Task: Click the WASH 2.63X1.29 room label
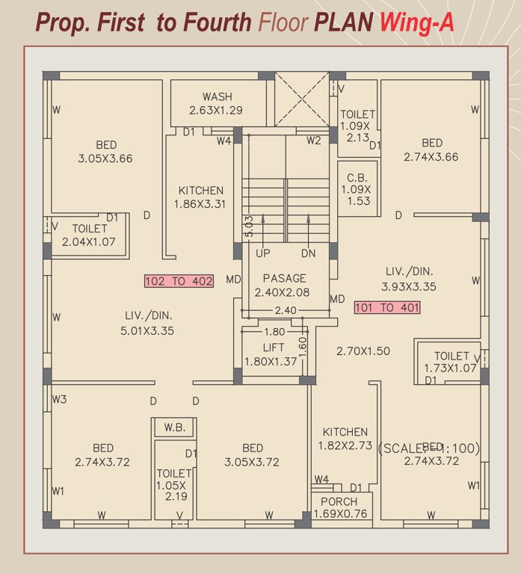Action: pyautogui.click(x=218, y=104)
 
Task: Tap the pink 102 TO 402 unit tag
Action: pyautogui.click(x=179, y=281)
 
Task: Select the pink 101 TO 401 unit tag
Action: pyautogui.click(x=386, y=307)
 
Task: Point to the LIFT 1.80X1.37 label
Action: pyautogui.click(x=271, y=355)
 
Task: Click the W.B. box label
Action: pyautogui.click(x=174, y=428)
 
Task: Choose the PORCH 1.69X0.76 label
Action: pyautogui.click(x=339, y=507)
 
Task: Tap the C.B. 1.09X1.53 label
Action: pyautogui.click(x=356, y=189)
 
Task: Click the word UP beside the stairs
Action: pyautogui.click(x=263, y=253)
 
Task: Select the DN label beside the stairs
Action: pyautogui.click(x=309, y=253)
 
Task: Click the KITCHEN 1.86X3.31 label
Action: pyautogui.click(x=200, y=197)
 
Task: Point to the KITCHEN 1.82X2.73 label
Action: pyautogui.click(x=345, y=439)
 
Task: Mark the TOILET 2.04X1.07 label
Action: pyautogui.click(x=90, y=235)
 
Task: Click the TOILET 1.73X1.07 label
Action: pyautogui.click(x=451, y=362)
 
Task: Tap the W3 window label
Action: pyautogui.click(x=59, y=400)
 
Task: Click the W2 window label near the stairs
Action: pyautogui.click(x=313, y=141)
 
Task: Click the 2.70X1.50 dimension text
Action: pyautogui.click(x=363, y=351)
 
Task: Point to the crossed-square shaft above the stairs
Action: pyautogui.click(x=302, y=100)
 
